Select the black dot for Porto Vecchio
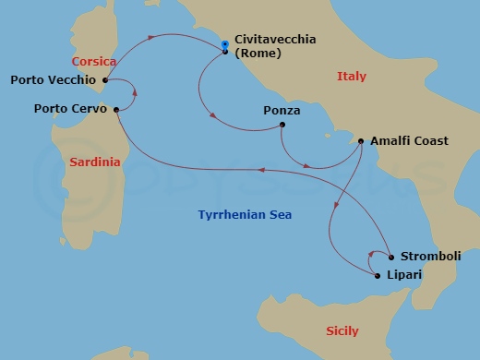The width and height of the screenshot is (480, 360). [x=106, y=79]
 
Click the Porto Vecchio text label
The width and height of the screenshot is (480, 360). [x=53, y=79]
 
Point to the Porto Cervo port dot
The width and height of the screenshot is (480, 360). [x=116, y=109]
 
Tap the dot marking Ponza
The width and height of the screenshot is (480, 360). [x=282, y=125]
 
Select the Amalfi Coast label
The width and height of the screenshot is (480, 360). [x=409, y=141]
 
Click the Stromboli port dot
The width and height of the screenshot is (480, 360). [x=391, y=257]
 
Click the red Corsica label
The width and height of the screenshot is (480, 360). [x=94, y=61]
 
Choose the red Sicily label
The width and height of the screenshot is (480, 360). [x=342, y=330]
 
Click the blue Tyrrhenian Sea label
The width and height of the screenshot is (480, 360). [x=245, y=215]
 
